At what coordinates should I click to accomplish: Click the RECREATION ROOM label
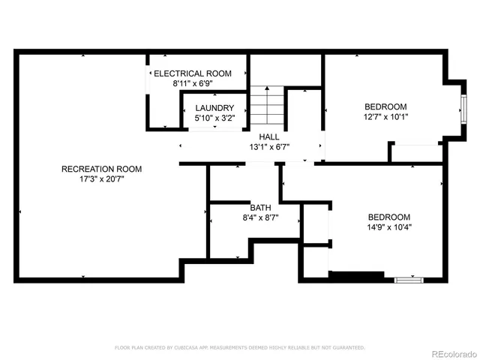click(x=101, y=169)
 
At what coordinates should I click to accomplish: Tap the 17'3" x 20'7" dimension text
click(x=101, y=180)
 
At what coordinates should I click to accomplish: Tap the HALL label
click(x=269, y=136)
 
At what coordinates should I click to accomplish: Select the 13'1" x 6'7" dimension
click(x=269, y=147)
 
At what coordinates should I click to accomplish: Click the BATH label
click(x=260, y=207)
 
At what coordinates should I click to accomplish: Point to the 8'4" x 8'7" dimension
click(x=260, y=217)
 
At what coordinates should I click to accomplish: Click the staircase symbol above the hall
click(x=268, y=106)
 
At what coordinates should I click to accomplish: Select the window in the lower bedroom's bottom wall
click(x=409, y=280)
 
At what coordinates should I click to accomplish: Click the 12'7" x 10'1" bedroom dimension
click(x=386, y=116)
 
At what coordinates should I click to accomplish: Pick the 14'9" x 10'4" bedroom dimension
click(x=389, y=226)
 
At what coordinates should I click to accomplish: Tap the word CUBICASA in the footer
click(x=193, y=348)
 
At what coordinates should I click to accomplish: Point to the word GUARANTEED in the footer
click(x=347, y=348)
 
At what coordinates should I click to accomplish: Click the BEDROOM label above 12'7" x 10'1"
click(x=386, y=106)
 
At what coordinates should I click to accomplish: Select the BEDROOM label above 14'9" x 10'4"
click(x=389, y=216)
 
